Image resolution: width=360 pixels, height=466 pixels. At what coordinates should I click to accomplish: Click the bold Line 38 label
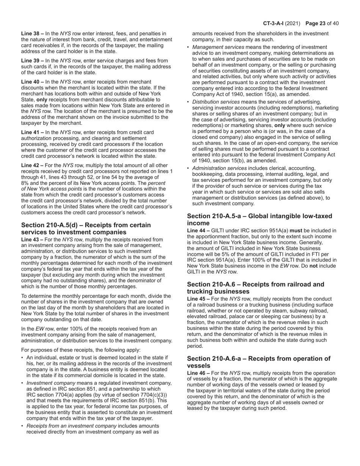pyautogui.click(x=32, y=34)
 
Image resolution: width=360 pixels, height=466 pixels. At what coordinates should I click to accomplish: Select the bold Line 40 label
pyautogui.click(x=32, y=82)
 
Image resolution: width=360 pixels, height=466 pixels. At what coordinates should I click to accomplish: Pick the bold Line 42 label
pyautogui.click(x=32, y=165)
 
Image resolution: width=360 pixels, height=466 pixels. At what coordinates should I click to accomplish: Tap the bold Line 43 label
pyautogui.click(x=32, y=239)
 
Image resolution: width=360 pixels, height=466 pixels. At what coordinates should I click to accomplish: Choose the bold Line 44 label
pyautogui.click(x=198, y=230)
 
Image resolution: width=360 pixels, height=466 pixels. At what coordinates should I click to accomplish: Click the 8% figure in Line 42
pyautogui.click(x=25, y=183)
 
